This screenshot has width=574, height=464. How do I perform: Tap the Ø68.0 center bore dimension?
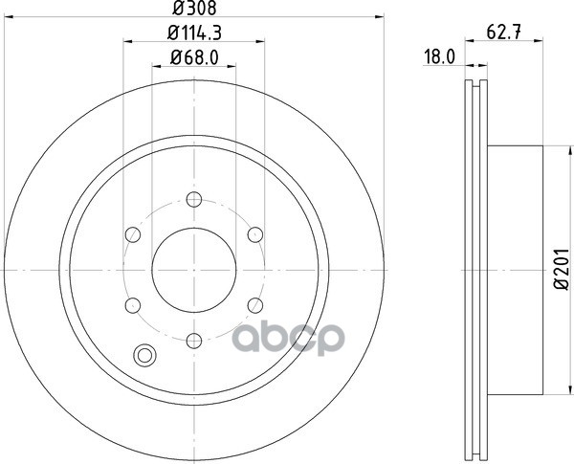tap(194, 56)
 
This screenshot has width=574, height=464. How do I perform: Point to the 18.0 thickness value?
tap(438, 57)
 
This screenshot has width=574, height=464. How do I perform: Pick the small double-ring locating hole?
tap(146, 355)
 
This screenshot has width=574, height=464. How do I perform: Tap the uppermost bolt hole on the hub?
tap(194, 200)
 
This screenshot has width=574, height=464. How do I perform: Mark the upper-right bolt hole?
tap(254, 234)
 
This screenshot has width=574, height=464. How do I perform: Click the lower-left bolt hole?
tap(134, 304)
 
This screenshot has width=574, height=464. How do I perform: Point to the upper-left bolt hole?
tap(134, 234)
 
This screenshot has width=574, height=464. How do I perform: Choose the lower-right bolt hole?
tap(254, 304)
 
